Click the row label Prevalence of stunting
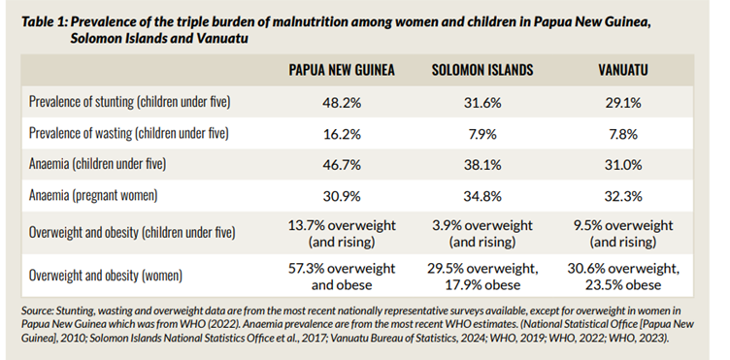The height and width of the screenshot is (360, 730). tap(143, 101)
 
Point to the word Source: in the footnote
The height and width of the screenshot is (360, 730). tap(38, 311)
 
